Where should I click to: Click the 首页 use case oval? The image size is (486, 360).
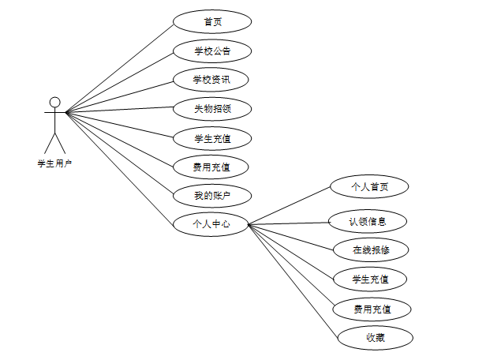(212, 21)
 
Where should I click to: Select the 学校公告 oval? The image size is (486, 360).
(212, 51)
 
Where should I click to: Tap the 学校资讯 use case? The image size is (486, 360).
(211, 80)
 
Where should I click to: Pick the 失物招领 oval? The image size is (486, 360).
(211, 108)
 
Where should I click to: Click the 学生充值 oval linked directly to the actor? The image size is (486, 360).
(211, 138)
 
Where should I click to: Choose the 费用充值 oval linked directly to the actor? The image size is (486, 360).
(211, 167)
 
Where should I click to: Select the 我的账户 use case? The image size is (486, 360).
(211, 194)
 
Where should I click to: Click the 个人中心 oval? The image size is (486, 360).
(211, 223)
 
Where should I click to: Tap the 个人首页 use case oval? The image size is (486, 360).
(370, 187)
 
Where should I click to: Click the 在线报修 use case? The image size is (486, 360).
(370, 250)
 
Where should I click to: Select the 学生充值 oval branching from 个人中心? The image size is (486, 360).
(369, 279)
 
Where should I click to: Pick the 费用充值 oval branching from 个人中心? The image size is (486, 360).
(372, 308)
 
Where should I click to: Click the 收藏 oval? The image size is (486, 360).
(376, 338)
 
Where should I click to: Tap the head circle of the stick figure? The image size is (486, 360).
(54, 102)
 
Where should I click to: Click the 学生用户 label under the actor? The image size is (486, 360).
(54, 164)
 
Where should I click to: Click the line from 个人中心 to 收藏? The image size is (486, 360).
(293, 280)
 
